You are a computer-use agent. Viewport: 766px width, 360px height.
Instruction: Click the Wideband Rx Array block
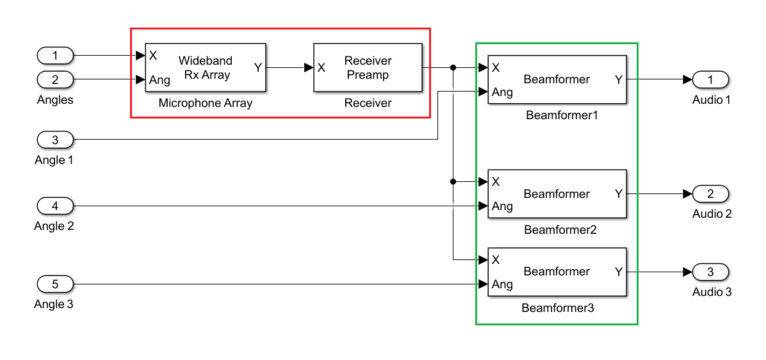pyautogui.click(x=205, y=67)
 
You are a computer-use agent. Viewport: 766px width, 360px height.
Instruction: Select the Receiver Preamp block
pyautogui.click(x=368, y=67)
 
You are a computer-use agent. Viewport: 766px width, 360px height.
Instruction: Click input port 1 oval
pyautogui.click(x=55, y=56)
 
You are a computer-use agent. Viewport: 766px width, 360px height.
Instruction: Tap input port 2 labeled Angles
pyautogui.click(x=55, y=80)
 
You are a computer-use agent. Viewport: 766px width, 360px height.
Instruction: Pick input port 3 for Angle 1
pyautogui.click(x=55, y=140)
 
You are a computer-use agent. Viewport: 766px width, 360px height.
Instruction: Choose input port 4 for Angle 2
pyautogui.click(x=55, y=206)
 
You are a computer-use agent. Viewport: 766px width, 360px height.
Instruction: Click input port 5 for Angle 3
pyautogui.click(x=55, y=284)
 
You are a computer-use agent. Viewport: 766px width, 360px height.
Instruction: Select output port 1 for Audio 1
pyautogui.click(x=710, y=79)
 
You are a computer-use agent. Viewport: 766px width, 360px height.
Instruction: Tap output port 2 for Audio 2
pyautogui.click(x=710, y=193)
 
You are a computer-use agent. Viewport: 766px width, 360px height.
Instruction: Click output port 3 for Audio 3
pyautogui.click(x=710, y=272)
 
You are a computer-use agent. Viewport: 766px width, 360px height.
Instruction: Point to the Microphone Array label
pyautogui.click(x=205, y=103)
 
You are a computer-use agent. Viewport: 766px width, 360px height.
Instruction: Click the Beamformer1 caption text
pyautogui.click(x=557, y=116)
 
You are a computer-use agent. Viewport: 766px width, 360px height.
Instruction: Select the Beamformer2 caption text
pyautogui.click(x=557, y=229)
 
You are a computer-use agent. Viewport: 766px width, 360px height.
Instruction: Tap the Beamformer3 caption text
pyautogui.click(x=557, y=308)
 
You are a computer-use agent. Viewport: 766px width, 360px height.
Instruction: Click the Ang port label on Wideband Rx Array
pyautogui.click(x=159, y=81)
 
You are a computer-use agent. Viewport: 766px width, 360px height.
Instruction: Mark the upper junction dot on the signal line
pyautogui.click(x=453, y=67)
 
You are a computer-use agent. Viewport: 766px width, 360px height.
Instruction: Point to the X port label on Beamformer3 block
pyautogui.click(x=496, y=259)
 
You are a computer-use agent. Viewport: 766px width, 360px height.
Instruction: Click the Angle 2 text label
pyautogui.click(x=54, y=226)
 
